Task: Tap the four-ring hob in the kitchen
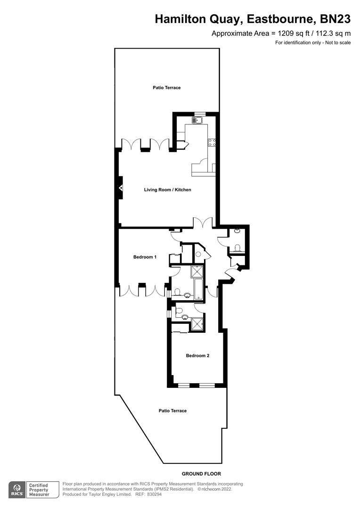pos(212,142)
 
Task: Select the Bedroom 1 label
pos(145,257)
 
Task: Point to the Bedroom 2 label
pos(197,355)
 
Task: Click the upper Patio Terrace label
pos(166,88)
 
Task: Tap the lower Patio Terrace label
pos(172,410)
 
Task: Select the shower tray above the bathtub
pos(197,272)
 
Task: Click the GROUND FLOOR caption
pos(201,474)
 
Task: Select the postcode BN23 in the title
pos(335,19)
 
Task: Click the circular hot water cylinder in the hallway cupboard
pos(198,254)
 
